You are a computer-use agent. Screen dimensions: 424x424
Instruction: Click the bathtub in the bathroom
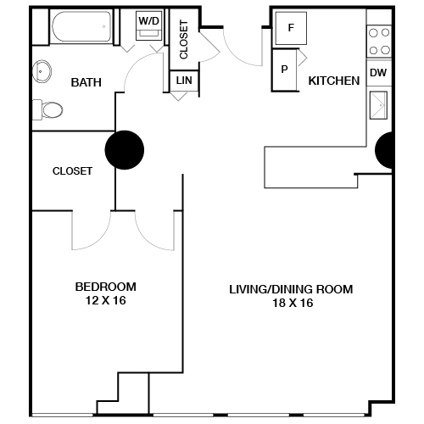click(83, 31)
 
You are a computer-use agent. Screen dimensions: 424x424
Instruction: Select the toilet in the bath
click(48, 109)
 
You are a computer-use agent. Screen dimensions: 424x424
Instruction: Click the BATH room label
click(86, 82)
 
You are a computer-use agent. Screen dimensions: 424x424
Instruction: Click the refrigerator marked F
click(291, 28)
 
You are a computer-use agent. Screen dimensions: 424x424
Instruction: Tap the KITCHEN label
click(334, 81)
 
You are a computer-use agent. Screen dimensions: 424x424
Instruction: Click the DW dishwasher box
click(378, 73)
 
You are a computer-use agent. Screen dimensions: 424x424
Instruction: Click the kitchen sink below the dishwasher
click(378, 109)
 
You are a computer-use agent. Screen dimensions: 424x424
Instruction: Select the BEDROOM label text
click(105, 286)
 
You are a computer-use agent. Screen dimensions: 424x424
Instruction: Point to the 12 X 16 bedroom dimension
click(105, 300)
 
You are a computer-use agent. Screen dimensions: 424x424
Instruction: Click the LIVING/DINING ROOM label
click(291, 289)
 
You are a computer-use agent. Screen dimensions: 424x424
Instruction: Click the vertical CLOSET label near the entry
click(184, 38)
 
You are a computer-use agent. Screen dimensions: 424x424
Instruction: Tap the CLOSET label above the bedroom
click(72, 170)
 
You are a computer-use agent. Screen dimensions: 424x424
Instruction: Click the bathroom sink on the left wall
click(41, 70)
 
